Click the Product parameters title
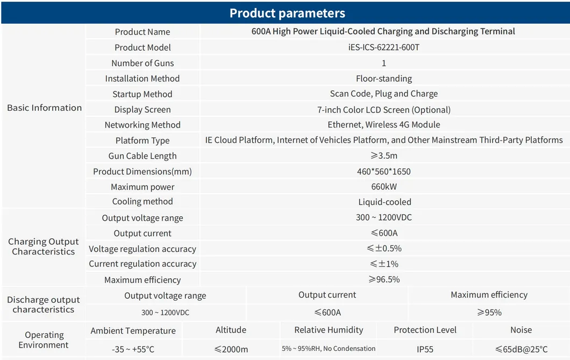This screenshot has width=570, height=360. [x=287, y=13]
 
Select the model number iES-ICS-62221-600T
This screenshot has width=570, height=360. [x=383, y=47]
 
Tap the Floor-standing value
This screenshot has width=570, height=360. [x=383, y=79]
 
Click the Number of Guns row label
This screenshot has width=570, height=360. [x=142, y=63]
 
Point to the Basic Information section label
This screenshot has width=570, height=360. [x=44, y=108]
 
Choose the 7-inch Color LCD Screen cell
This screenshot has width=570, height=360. [x=383, y=110]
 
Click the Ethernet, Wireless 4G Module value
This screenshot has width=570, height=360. [x=383, y=125]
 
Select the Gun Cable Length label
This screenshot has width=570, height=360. [x=142, y=156]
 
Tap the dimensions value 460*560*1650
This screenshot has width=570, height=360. [x=383, y=172]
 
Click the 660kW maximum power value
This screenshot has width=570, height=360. [x=383, y=187]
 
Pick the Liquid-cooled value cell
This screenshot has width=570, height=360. [x=384, y=202]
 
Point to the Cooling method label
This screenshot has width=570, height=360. [x=142, y=202]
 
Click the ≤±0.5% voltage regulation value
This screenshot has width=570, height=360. [x=383, y=249]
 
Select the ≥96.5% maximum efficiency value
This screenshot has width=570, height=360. [x=383, y=280]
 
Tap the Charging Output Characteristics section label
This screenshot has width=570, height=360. [x=44, y=246]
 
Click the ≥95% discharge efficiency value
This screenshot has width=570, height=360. [x=489, y=313]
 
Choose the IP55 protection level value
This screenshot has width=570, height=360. [x=425, y=349]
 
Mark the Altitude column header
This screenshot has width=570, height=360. [x=231, y=330]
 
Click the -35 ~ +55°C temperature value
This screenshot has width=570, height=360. [x=133, y=349]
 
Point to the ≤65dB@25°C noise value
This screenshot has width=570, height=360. [x=521, y=349]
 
